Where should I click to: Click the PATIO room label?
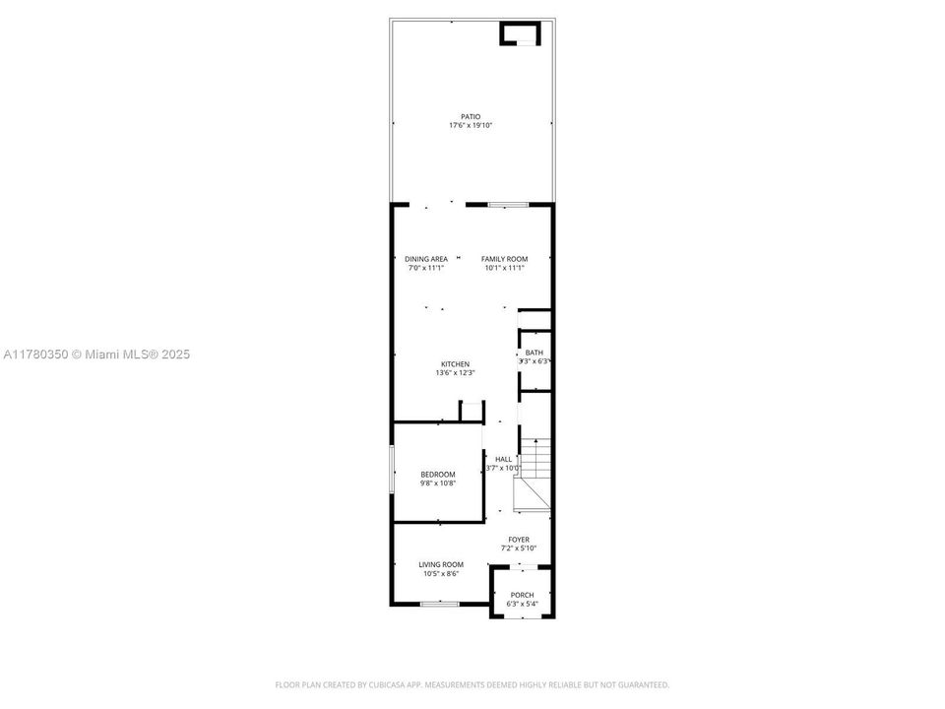tap(471, 116)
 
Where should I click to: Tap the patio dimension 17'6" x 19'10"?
tap(471, 125)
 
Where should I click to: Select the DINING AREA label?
tap(425, 259)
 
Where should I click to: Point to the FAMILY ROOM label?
tap(504, 259)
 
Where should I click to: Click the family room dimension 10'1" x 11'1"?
tap(504, 268)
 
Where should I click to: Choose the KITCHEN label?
tap(455, 364)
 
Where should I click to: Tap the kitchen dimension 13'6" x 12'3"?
tap(455, 373)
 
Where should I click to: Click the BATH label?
tap(534, 353)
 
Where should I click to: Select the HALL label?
tap(503, 459)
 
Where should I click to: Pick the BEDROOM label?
tap(438, 475)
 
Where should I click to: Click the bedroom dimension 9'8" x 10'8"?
tap(438, 483)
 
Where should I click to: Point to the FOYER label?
tap(519, 540)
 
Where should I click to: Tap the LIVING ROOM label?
tap(441, 564)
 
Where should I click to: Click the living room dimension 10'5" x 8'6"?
tap(441, 573)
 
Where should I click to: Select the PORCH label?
tap(522, 595)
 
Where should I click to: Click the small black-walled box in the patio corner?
tap(520, 34)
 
